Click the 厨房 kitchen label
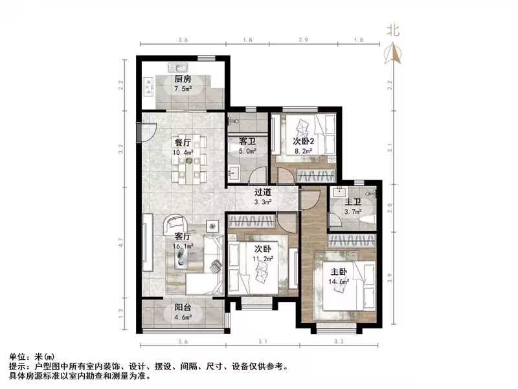(x=182, y=80)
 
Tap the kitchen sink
(x=177, y=67)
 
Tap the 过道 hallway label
(x=262, y=192)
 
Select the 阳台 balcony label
(x=183, y=309)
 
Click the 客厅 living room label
(x=182, y=237)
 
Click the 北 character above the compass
(x=393, y=30)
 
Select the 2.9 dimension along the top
(x=302, y=41)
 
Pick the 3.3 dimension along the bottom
(x=337, y=341)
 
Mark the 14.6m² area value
(x=339, y=281)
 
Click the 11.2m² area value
(x=262, y=257)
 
